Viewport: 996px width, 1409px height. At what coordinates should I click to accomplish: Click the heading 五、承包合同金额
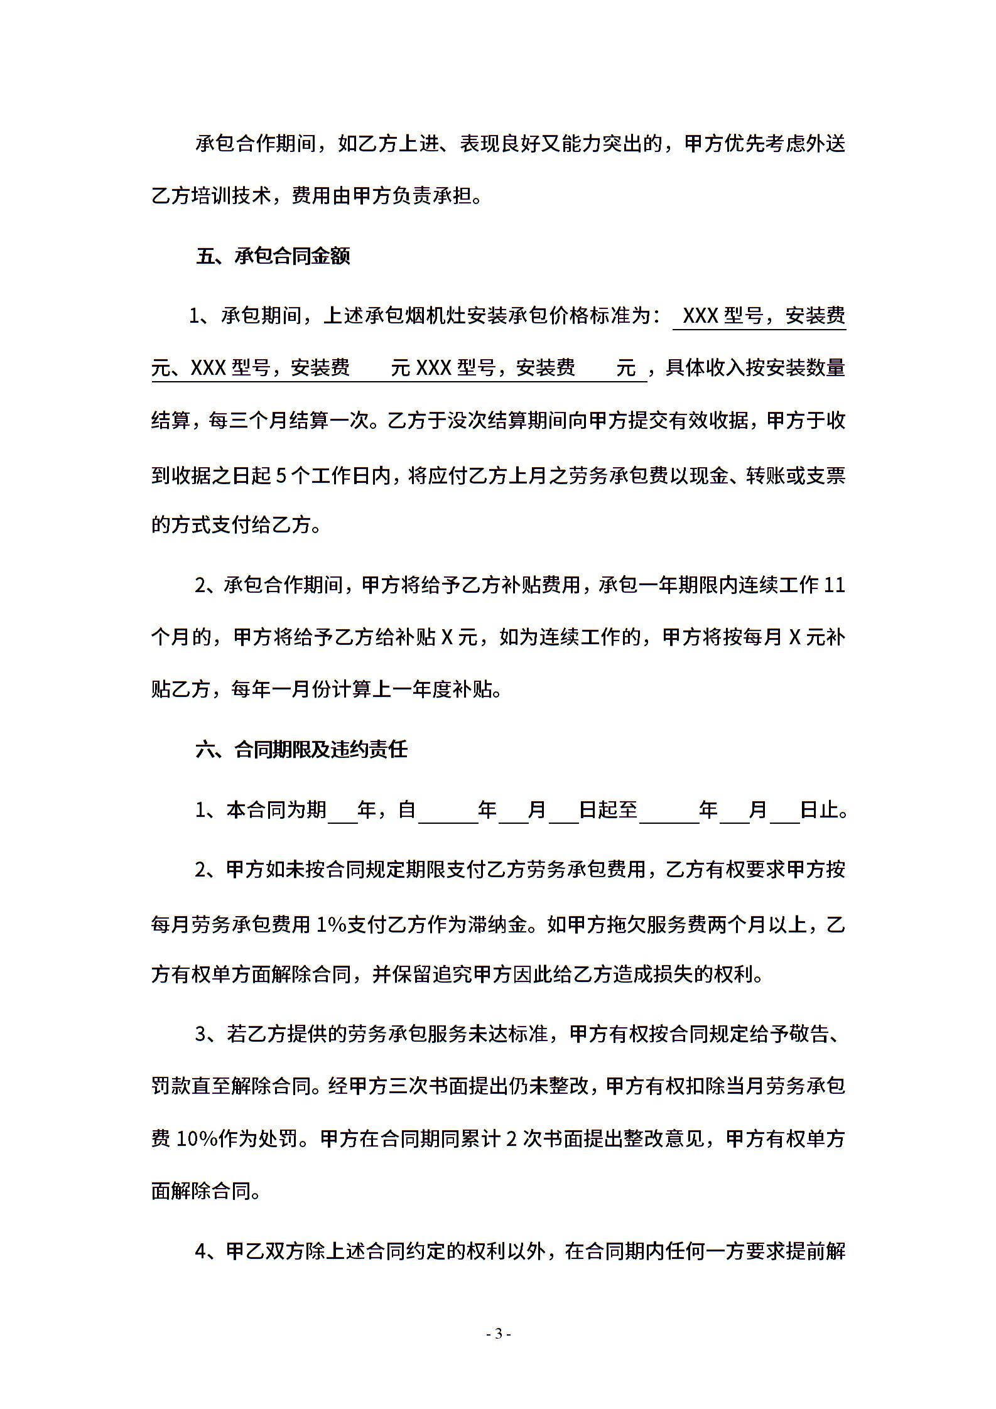(x=273, y=257)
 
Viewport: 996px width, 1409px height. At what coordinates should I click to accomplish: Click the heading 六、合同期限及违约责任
(x=302, y=750)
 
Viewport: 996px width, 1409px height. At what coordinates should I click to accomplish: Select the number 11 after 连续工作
(x=834, y=585)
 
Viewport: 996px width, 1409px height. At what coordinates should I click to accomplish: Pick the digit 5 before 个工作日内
(x=281, y=476)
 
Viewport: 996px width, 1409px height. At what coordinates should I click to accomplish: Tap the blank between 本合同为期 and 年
(x=342, y=810)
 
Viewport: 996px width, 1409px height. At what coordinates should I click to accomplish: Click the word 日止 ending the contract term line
(x=820, y=810)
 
